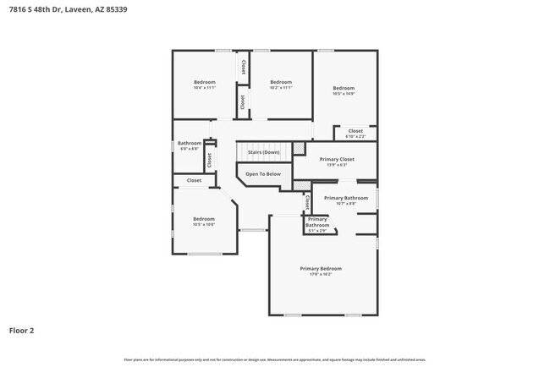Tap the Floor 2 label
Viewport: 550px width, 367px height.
(22, 331)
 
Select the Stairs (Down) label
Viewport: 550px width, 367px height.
(263, 152)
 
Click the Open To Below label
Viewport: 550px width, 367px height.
(263, 174)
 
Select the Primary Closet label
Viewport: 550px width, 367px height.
(336, 159)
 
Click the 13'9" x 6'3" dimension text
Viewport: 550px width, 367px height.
(336, 165)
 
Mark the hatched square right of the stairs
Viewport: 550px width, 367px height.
(299, 149)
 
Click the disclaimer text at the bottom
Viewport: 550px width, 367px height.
(275, 359)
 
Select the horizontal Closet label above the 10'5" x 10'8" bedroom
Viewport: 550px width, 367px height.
(194, 180)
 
